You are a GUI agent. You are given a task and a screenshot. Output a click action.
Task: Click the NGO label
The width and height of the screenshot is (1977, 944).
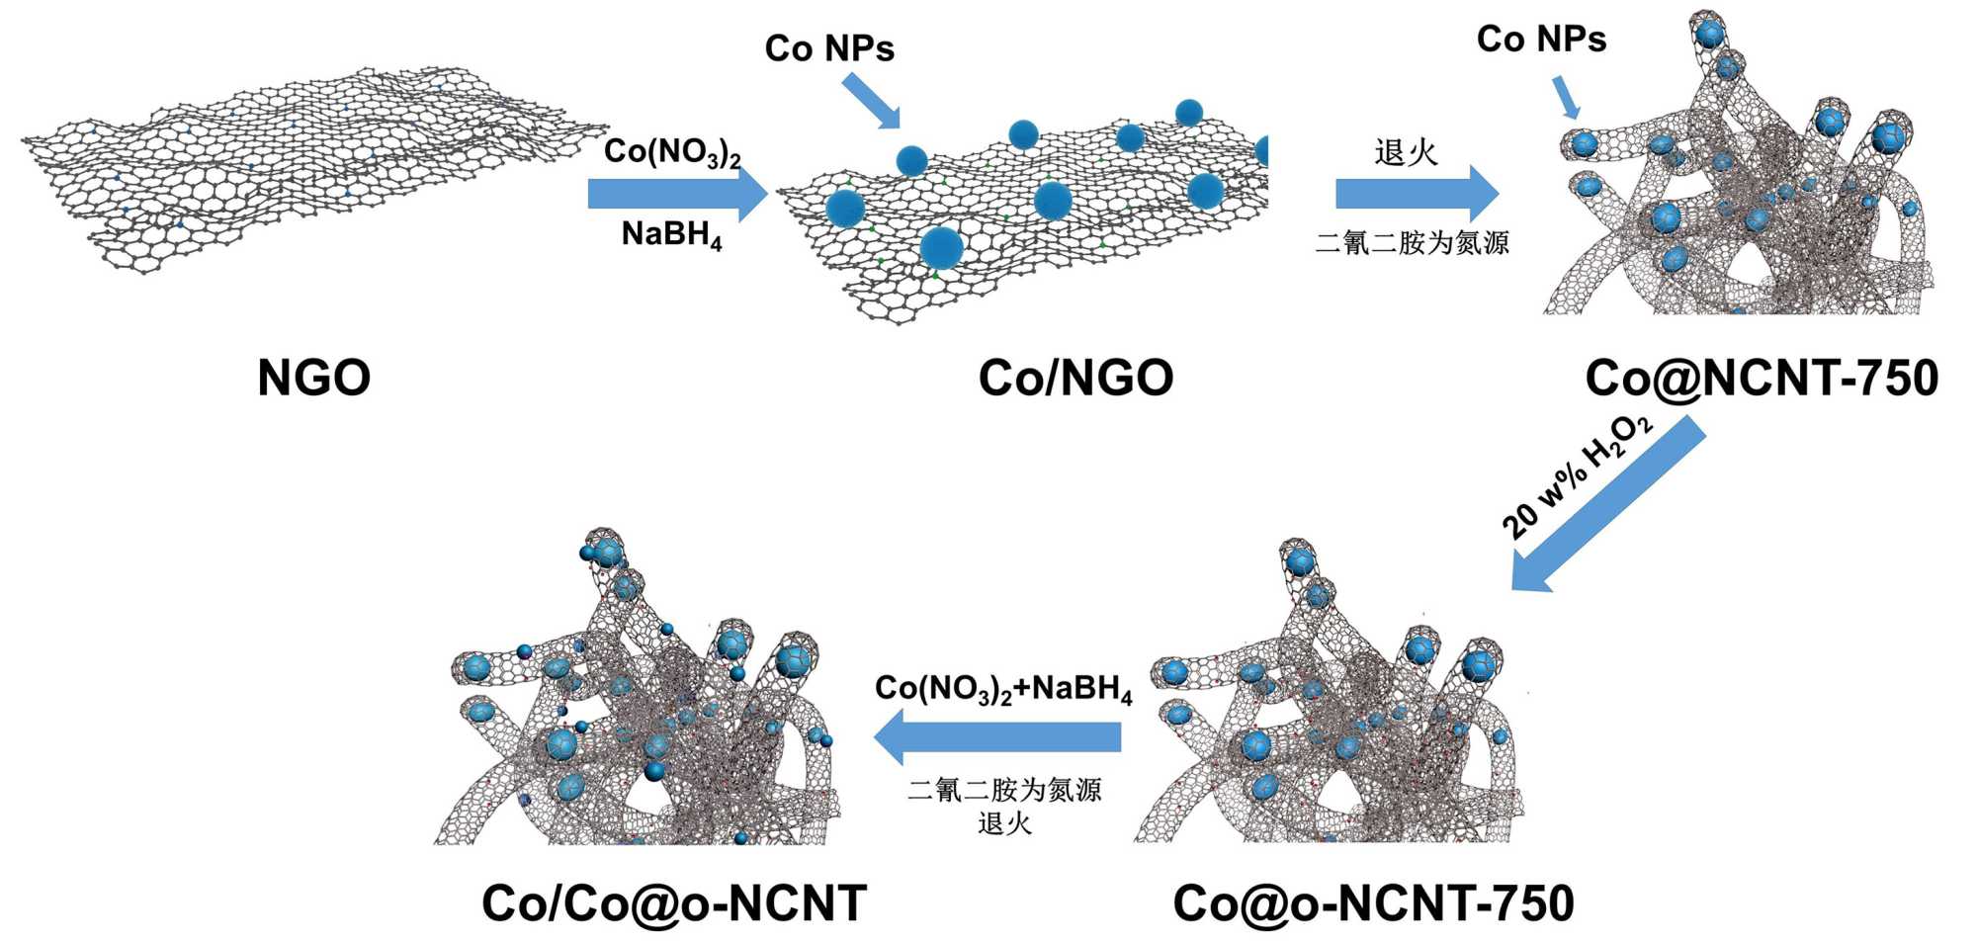313,378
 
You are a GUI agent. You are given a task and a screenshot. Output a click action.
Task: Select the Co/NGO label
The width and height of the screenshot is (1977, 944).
1075,378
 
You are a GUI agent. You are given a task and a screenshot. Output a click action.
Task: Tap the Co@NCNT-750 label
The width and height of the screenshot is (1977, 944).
1762,378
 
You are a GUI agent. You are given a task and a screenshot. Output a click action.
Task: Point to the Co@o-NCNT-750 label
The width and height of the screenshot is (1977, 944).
1373,903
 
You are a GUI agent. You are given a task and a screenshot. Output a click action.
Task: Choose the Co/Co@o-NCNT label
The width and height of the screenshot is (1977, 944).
674,903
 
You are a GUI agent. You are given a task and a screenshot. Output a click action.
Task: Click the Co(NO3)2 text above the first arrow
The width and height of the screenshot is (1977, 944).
672,152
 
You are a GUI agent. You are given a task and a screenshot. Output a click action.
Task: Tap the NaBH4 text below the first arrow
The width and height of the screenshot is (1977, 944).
672,235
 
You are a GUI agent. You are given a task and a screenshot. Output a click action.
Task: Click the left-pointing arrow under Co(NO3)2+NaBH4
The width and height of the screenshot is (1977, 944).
998,737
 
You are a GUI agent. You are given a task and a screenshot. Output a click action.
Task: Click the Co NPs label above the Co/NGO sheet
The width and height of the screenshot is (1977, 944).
829,47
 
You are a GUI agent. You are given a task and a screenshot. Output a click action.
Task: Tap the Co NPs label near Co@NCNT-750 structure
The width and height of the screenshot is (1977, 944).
1541,40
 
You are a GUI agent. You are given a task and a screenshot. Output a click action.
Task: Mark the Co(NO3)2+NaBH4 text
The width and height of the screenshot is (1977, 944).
1003,688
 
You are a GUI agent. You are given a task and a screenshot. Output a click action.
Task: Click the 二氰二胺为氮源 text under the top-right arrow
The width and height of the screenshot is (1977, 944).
1413,243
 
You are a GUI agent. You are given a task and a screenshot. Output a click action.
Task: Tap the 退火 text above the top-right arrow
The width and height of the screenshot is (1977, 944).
1406,152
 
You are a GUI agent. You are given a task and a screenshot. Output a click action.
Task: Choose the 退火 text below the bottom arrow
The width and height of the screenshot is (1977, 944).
1004,823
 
